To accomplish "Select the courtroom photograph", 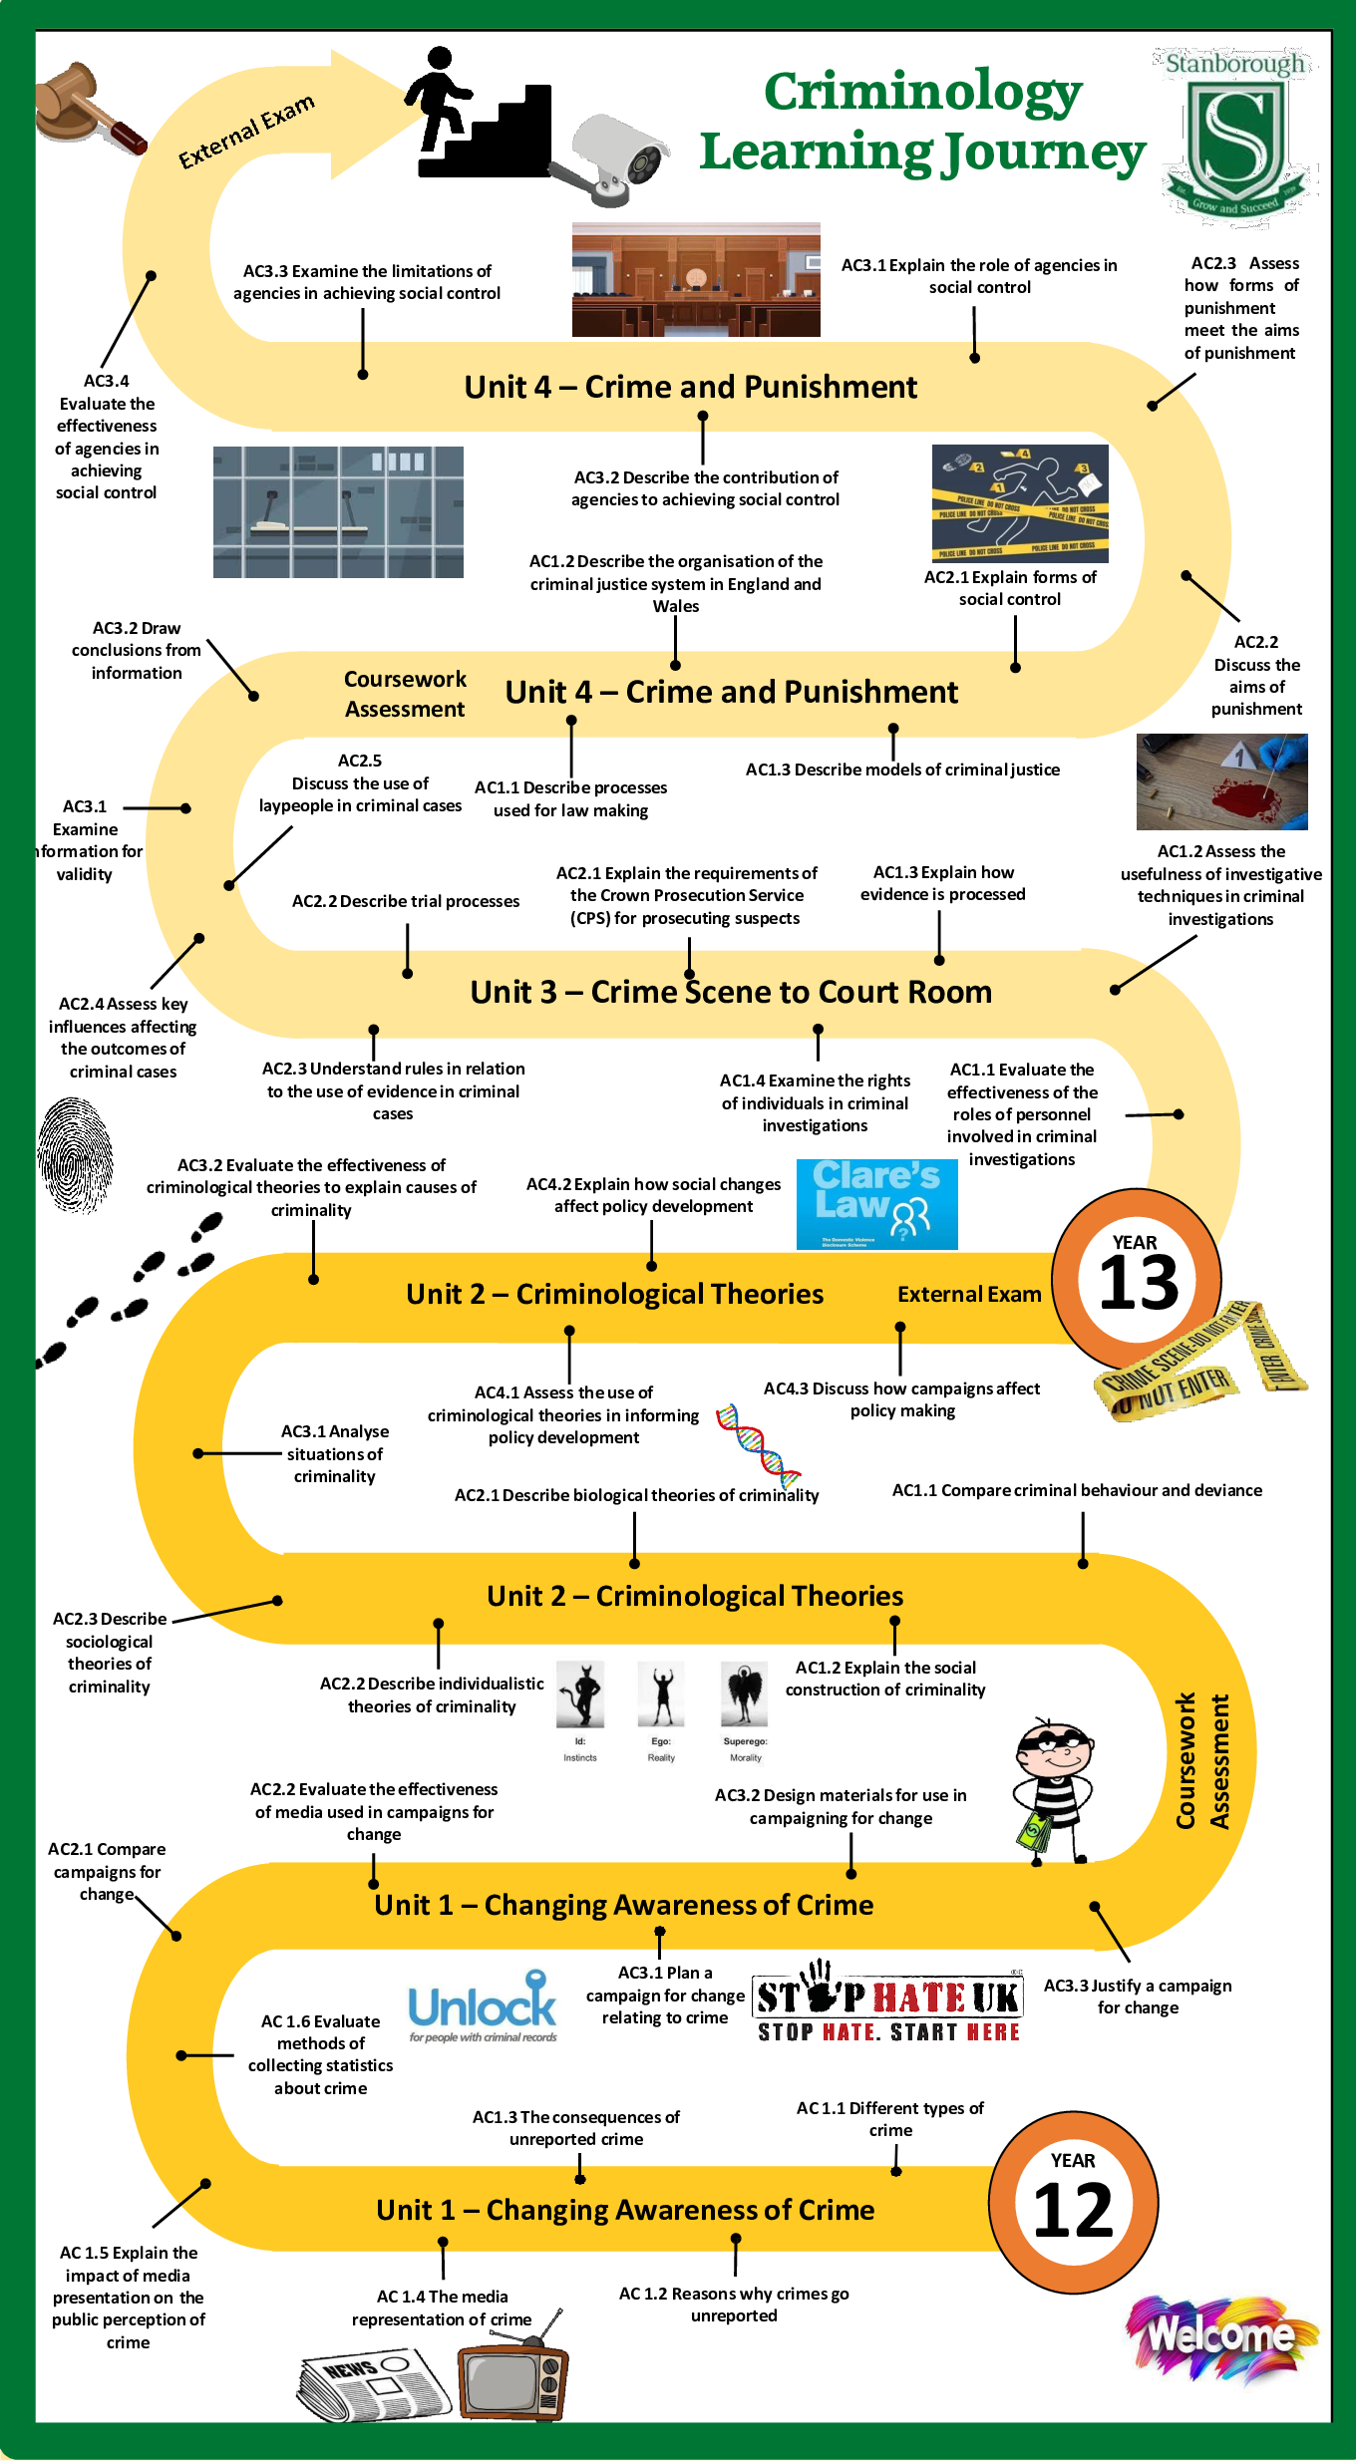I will tap(696, 280).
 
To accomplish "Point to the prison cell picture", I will tap(338, 511).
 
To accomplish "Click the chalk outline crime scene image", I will tap(1019, 502).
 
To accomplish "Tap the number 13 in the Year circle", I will tap(1138, 1284).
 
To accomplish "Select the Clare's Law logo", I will tap(876, 1203).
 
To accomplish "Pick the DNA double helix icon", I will tap(759, 1444).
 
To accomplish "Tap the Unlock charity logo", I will tap(484, 2004).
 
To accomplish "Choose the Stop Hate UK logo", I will tap(887, 2002).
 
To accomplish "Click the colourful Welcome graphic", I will tap(1220, 2336).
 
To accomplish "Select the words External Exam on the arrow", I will tap(246, 131).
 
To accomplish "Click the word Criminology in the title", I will tap(922, 92).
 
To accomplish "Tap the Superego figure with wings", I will tap(744, 1694).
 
